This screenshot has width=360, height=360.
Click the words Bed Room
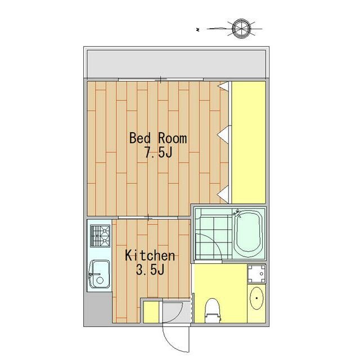point(158,138)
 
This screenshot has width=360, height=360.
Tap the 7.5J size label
point(158,152)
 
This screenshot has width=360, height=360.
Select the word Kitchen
point(150,255)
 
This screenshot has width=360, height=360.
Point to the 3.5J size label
point(150,269)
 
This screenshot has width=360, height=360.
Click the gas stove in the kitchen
point(100,236)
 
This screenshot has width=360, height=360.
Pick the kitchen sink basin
point(99,274)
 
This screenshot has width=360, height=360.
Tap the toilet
point(213,310)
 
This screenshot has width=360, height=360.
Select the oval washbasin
point(256,298)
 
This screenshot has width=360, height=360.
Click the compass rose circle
point(241,29)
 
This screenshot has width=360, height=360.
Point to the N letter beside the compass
point(197,29)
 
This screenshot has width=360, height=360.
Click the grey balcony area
point(176,64)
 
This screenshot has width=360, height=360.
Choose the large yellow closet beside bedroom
point(249,142)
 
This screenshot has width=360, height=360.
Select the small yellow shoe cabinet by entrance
point(151,312)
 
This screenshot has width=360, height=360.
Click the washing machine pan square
point(256,274)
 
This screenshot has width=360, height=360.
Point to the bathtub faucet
point(236,213)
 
